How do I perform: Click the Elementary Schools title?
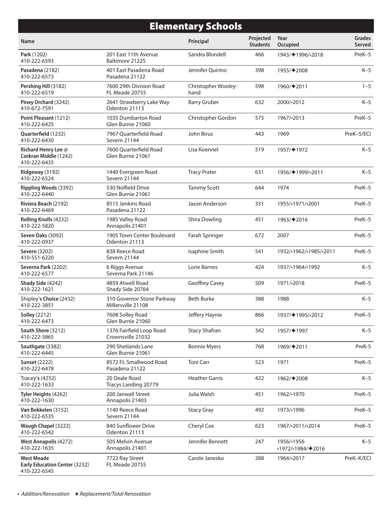[x=196, y=26]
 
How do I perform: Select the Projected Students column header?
[x=259, y=41]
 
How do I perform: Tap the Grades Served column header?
[x=362, y=41]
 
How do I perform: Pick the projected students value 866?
[x=259, y=315]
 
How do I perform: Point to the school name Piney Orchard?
[x=37, y=102]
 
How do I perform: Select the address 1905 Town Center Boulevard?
[x=141, y=235]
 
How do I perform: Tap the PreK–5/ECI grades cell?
[x=358, y=134]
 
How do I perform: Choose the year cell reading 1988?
[x=283, y=298]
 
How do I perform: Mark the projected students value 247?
[x=259, y=442]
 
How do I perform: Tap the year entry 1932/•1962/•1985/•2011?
[x=306, y=252]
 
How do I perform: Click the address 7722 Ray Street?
[x=125, y=458]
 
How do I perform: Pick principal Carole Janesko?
[x=206, y=458]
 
